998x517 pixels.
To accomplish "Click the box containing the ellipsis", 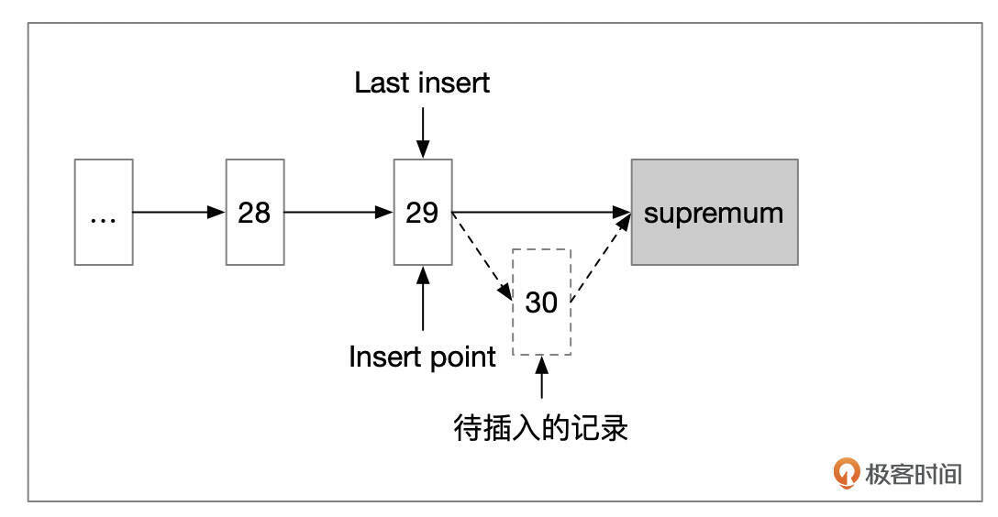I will coord(104,212).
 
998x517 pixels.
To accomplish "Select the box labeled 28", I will coord(255,212).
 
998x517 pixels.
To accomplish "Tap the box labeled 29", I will coord(422,212).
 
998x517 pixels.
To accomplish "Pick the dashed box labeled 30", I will coord(541,302).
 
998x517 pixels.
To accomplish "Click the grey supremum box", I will coord(714,212).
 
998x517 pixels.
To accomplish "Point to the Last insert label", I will coord(422,83).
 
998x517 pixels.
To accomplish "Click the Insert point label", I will coord(422,357).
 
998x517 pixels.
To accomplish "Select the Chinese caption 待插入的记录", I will coord(541,427).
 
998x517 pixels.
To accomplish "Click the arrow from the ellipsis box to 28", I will coord(179,212).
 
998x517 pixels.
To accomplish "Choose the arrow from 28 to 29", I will coord(338,212).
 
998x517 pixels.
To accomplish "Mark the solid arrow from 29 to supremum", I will coord(541,212).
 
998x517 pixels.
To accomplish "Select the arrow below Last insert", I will coord(422,131).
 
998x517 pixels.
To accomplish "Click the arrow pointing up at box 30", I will coord(541,379).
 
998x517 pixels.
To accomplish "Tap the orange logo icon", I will coord(845,472).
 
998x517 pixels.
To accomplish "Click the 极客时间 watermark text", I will coord(913,474).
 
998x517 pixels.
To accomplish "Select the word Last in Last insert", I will coord(383,83).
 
